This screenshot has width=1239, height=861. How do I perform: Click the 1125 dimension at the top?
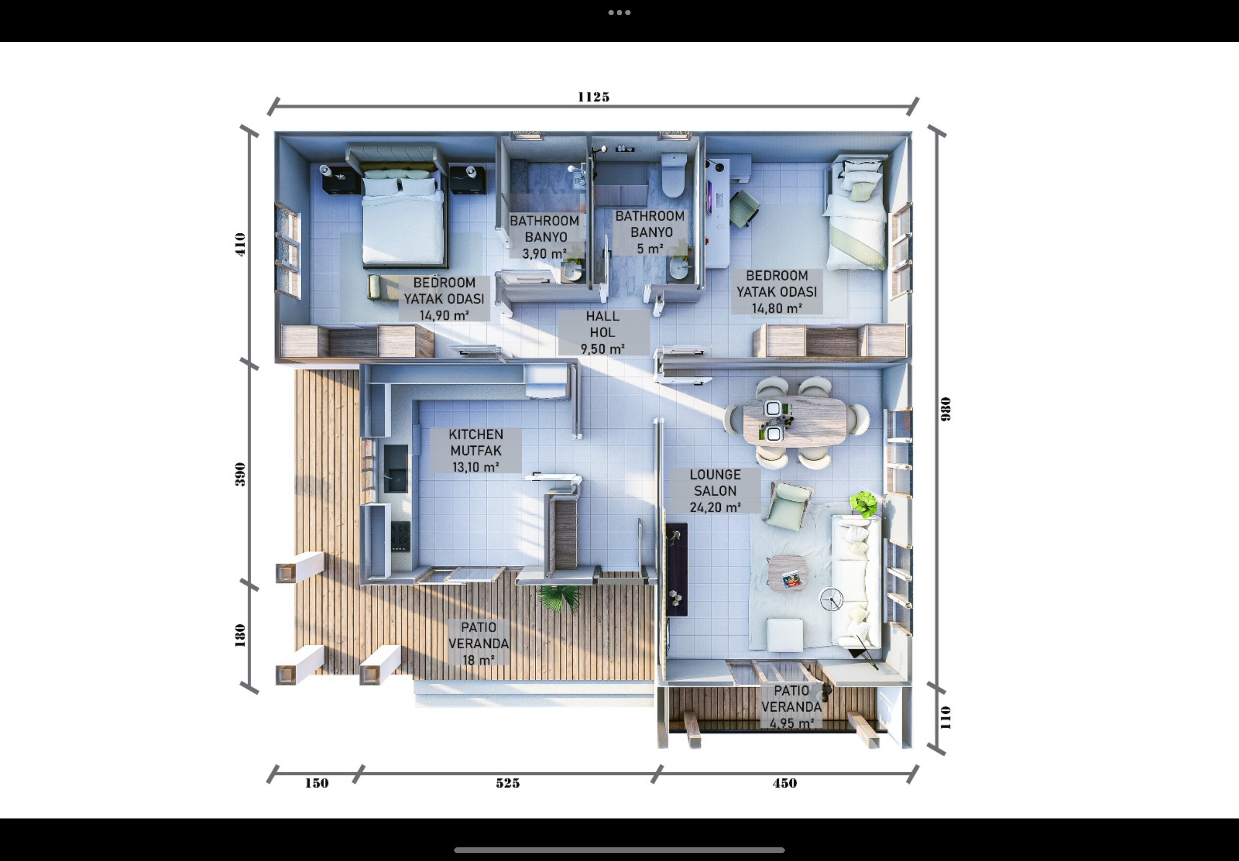[x=593, y=97]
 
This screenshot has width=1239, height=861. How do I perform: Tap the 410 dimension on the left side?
[x=240, y=244]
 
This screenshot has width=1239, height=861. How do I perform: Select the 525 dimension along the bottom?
[x=508, y=783]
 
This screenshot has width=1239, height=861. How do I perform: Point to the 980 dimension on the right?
[x=945, y=409]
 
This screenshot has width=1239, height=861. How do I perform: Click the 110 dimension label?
[x=945, y=718]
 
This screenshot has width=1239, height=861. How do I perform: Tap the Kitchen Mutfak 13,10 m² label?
[x=476, y=450]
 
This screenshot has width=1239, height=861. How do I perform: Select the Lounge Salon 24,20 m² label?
[x=715, y=490]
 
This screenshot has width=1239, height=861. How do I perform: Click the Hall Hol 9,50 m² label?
[x=603, y=332]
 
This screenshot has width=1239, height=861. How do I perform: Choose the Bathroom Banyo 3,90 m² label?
[x=545, y=237]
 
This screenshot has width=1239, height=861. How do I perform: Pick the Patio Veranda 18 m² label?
[x=478, y=643]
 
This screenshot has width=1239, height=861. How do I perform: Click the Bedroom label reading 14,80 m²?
[x=776, y=292]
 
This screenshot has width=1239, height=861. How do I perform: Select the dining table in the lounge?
[x=794, y=422]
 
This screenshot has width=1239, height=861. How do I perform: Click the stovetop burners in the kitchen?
[x=400, y=535]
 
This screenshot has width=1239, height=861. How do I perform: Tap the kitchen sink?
[x=395, y=468]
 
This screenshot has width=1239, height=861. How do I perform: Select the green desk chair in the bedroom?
[x=744, y=208]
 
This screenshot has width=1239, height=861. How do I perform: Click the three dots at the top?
[x=619, y=13]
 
